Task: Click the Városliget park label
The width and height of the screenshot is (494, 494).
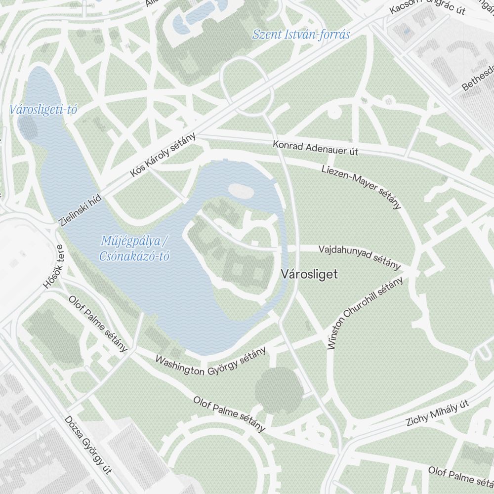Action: pos(309,274)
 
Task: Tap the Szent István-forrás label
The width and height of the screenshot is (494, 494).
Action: pos(301,35)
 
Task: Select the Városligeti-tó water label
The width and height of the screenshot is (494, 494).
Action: pos(43,110)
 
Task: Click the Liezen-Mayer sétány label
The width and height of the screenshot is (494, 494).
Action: pos(361,187)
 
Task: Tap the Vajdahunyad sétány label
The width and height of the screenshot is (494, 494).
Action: pos(359,257)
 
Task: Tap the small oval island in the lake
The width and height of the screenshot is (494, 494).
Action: pos(240,191)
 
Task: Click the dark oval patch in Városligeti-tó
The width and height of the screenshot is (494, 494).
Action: pos(28,126)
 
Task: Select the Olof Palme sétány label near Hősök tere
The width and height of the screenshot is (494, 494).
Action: pos(98,324)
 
